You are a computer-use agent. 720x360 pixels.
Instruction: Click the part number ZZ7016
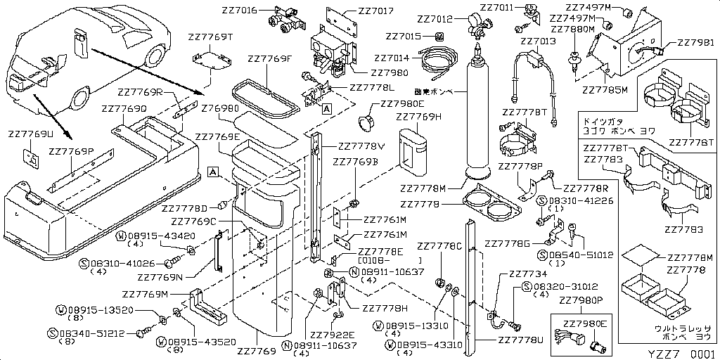coord(240,11)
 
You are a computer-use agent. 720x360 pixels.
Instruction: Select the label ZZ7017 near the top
coord(376,11)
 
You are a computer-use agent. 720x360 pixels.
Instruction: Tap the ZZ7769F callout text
coord(270,59)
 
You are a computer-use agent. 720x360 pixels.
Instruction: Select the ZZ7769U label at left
coord(31,134)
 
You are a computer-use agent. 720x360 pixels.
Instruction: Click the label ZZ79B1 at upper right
coord(695,43)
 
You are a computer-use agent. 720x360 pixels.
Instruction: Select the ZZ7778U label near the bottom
coord(520,340)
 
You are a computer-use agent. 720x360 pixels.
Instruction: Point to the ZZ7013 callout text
coord(539,41)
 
